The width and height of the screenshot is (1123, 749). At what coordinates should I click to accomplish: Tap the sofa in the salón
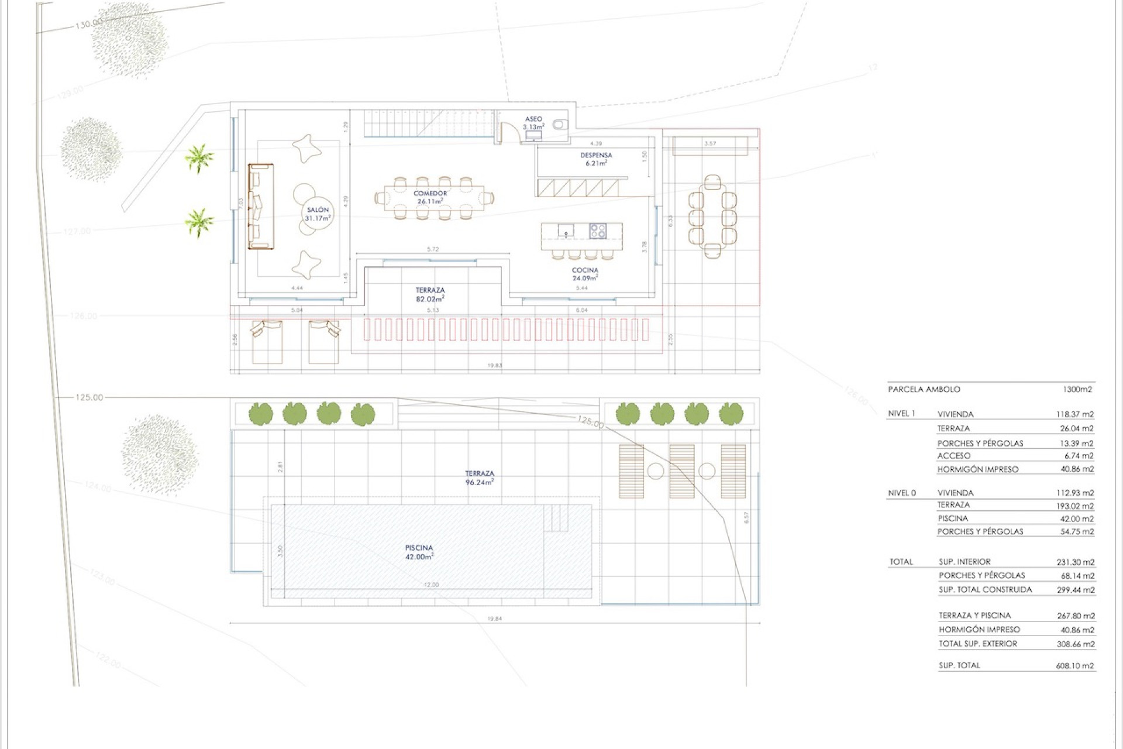(261, 206)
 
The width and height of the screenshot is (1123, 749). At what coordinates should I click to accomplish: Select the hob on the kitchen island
(597, 231)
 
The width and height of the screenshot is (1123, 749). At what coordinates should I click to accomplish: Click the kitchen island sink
(566, 231)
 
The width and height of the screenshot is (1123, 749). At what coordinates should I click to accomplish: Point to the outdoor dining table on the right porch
(712, 217)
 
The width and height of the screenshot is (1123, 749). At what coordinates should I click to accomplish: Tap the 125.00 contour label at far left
(89, 397)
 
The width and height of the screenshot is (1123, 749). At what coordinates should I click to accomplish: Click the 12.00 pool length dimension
(431, 585)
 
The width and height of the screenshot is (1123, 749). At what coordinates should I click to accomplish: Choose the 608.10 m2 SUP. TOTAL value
(1075, 665)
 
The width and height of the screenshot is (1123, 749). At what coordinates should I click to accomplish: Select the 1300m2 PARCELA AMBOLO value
(1077, 389)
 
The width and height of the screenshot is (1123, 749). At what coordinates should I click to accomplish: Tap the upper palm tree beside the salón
(199, 158)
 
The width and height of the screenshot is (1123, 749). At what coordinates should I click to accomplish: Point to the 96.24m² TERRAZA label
(479, 478)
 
